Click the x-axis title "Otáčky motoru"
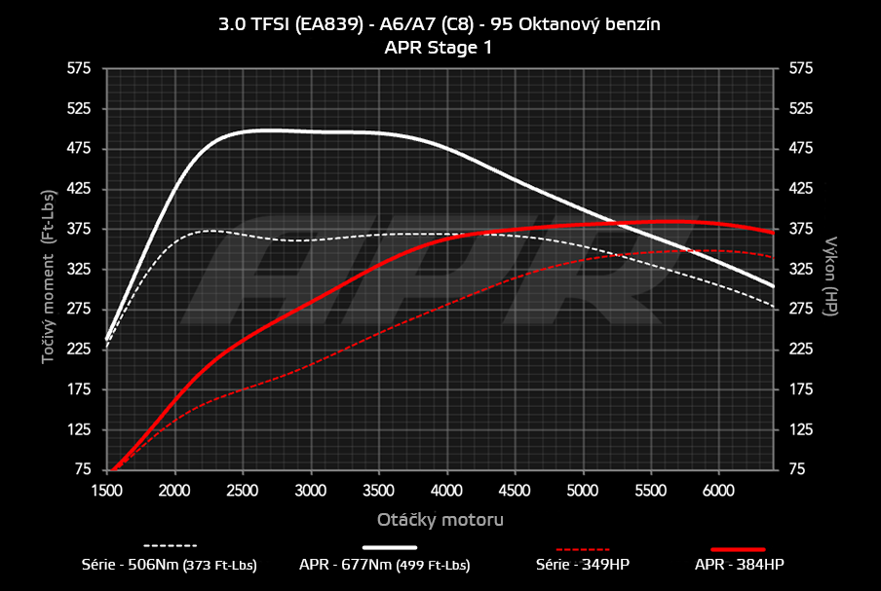pos(440,519)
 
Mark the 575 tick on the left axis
pos(79,68)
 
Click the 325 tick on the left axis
pos(79,269)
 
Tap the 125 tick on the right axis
pos(800,429)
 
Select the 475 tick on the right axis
pos(800,149)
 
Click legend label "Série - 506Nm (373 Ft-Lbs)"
pos(170,564)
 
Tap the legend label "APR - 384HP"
pos(739,564)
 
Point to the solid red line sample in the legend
pos(739,549)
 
